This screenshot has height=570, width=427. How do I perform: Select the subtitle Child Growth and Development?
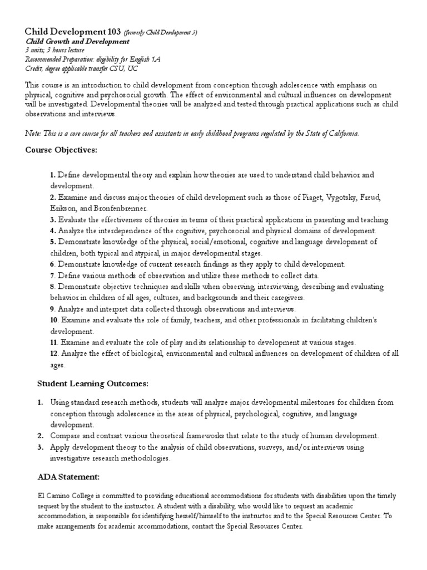(x=77, y=42)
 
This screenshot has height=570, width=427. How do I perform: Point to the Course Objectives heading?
(x=62, y=150)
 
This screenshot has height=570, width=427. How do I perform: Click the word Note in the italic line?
(x=33, y=133)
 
